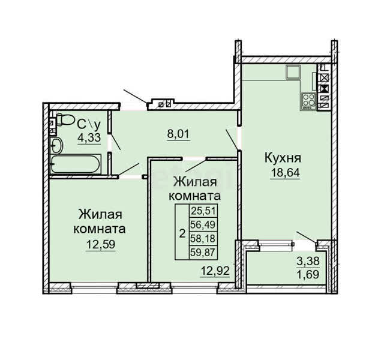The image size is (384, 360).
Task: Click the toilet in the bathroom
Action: pyautogui.click(x=65, y=120)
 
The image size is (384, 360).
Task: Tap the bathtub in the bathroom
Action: pyautogui.click(x=76, y=164)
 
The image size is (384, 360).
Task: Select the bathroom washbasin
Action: pyautogui.click(x=57, y=145)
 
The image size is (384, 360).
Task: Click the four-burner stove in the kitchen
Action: pyautogui.click(x=308, y=101)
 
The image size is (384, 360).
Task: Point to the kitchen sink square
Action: pyautogui.click(x=293, y=72)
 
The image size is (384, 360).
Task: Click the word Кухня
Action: pyautogui.click(x=283, y=158)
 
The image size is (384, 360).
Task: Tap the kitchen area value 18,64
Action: pyautogui.click(x=285, y=173)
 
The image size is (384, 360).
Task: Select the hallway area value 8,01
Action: pyautogui.click(x=179, y=134)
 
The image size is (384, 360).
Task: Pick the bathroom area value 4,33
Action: pyautogui.click(x=89, y=137)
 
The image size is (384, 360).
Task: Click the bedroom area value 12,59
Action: pyautogui.click(x=101, y=244)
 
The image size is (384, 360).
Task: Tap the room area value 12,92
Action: pyautogui.click(x=215, y=271)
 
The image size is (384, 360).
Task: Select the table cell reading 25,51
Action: pyautogui.click(x=203, y=211)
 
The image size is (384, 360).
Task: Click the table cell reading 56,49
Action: pyautogui.click(x=203, y=224)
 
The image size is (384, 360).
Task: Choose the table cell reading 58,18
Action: pyautogui.click(x=203, y=238)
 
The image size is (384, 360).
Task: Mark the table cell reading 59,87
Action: pyautogui.click(x=203, y=252)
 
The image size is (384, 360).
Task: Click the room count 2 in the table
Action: pyautogui.click(x=182, y=233)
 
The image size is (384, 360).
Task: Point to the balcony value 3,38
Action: pyautogui.click(x=308, y=262)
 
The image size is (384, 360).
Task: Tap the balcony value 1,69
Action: pyautogui.click(x=308, y=275)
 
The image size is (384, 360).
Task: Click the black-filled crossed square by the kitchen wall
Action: pyautogui.click(x=324, y=89)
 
